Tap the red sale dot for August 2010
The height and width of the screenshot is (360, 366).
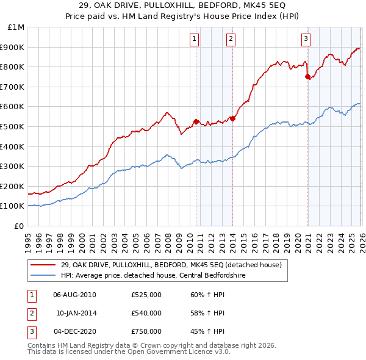196,121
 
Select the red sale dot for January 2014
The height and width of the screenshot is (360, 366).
232,118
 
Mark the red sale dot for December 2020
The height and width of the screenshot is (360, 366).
307,76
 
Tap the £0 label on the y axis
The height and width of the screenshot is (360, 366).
20,226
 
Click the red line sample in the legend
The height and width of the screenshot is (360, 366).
43,265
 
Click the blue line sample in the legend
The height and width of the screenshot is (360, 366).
43,276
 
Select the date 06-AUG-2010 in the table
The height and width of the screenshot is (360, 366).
74,295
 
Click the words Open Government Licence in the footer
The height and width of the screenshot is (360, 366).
176,352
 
